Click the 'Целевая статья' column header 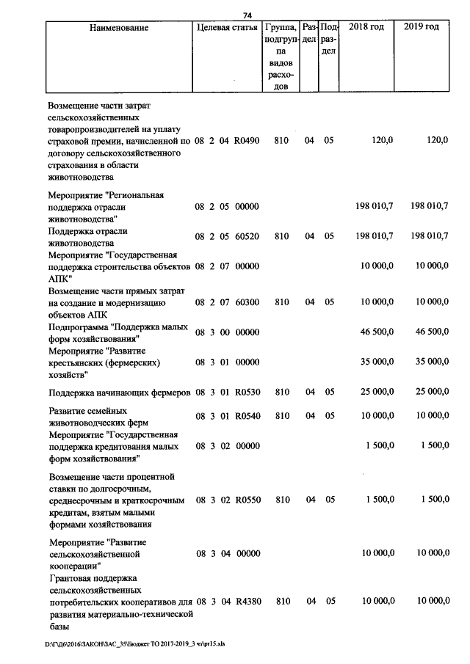[227, 27]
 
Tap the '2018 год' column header [366, 27]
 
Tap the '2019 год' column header [422, 27]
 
